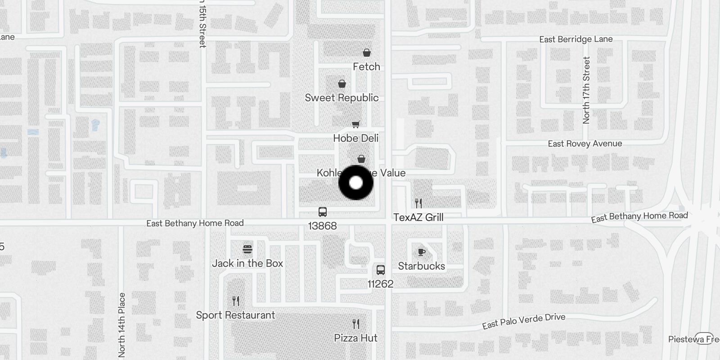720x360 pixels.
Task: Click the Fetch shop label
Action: [366, 67]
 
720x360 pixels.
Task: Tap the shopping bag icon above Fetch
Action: [367, 53]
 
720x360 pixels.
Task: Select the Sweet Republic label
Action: [342, 98]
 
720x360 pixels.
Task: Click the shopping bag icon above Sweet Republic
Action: [342, 84]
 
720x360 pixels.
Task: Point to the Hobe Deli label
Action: [355, 138]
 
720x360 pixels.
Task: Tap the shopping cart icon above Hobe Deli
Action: [356, 124]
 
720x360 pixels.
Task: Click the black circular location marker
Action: [356, 183]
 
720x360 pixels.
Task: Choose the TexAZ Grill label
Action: [418, 217]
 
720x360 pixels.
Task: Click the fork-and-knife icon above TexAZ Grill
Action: [418, 203]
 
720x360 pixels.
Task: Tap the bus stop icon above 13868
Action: [323, 212]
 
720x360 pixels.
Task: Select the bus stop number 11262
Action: [380, 284]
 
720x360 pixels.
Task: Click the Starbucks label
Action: [421, 266]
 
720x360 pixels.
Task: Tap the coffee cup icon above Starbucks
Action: [422, 252]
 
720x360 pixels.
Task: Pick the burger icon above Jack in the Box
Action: [247, 249]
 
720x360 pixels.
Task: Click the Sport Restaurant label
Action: [235, 315]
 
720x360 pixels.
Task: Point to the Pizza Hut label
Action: [355, 338]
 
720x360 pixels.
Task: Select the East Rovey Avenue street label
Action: [585, 144]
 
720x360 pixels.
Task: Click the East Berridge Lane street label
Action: [576, 39]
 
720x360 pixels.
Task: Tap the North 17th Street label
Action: [586, 90]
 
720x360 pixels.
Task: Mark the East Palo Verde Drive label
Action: [523, 321]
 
